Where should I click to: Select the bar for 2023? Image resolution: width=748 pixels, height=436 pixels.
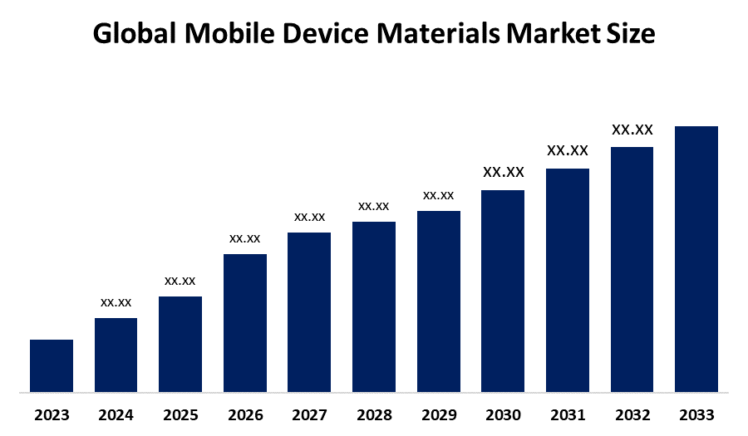[x=52, y=365]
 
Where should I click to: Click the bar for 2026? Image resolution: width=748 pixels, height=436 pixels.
[x=245, y=322]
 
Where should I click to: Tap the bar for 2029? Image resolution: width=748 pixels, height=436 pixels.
[x=439, y=301]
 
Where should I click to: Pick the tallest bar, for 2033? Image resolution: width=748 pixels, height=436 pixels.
[x=696, y=258]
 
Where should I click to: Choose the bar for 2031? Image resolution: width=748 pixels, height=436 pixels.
[x=568, y=280]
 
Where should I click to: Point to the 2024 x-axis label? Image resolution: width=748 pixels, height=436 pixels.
[x=116, y=414]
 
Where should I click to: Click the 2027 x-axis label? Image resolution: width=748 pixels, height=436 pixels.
[x=309, y=414]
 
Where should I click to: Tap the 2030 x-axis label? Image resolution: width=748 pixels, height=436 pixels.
[x=503, y=414]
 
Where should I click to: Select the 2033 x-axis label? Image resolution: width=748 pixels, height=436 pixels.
[x=696, y=414]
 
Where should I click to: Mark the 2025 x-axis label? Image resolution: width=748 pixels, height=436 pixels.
[x=180, y=414]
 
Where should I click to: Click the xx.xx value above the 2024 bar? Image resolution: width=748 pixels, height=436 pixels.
[x=116, y=302]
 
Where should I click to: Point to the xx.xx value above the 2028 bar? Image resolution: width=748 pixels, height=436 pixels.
[x=374, y=206]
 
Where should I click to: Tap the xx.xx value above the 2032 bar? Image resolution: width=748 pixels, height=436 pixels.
[x=632, y=130]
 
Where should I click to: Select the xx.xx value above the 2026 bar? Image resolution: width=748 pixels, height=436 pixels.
[x=245, y=238]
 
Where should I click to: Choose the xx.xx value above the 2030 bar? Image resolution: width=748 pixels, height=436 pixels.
[x=504, y=172]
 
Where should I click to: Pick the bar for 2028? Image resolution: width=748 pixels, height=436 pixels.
[x=374, y=306]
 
